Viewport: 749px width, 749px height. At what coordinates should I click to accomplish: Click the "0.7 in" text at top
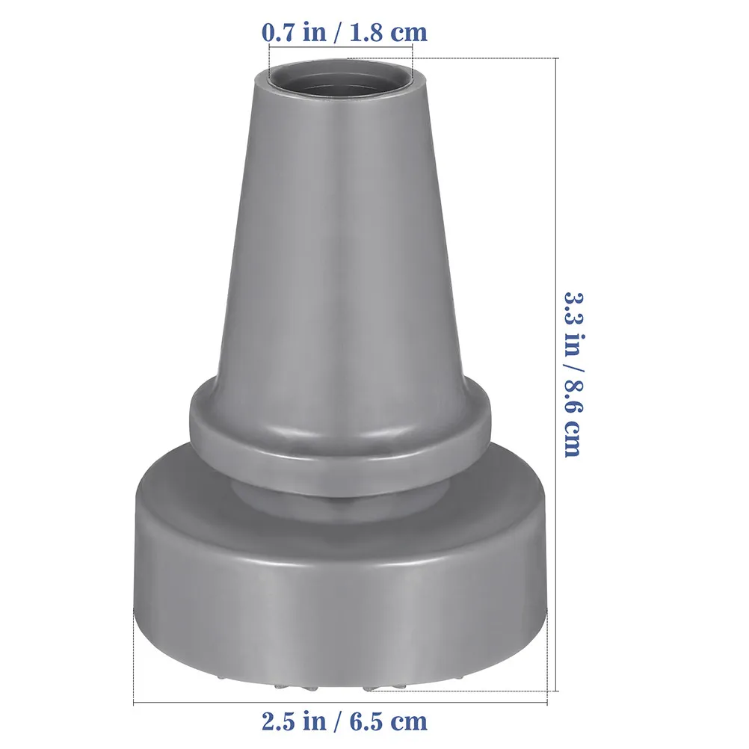(x=294, y=32)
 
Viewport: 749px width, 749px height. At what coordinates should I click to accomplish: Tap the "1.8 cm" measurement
(x=389, y=32)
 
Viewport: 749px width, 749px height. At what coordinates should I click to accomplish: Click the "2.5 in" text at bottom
(x=294, y=721)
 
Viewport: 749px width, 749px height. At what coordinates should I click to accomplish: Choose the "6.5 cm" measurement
(x=389, y=721)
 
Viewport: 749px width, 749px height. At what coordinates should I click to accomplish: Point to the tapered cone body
(x=340, y=239)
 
